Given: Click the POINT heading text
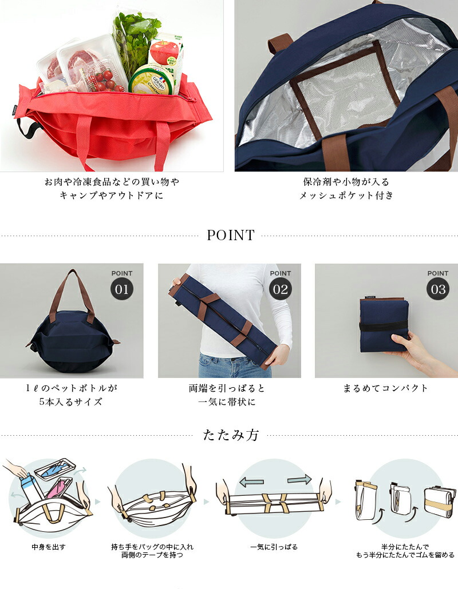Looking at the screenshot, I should (230, 235).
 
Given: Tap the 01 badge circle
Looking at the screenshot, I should (122, 289).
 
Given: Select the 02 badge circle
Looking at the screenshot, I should (280, 289).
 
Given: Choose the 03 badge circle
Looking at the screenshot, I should (438, 289).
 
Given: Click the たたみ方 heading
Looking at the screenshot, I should (231, 435).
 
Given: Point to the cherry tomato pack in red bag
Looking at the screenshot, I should (105, 80).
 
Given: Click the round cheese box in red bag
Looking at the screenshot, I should (150, 80).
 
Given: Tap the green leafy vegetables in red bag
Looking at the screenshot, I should (135, 34).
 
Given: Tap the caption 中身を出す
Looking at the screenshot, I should (49, 547).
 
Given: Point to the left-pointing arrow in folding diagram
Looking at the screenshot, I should (251, 482).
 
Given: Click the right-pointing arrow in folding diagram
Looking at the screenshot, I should (299, 479).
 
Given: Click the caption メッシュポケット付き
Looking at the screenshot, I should (346, 196).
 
